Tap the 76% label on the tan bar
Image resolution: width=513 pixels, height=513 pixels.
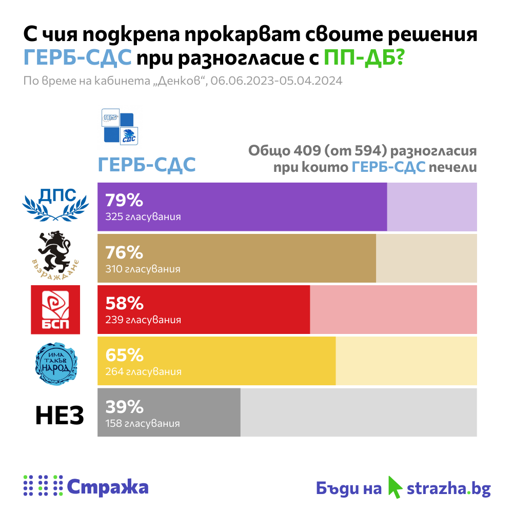point(124,252)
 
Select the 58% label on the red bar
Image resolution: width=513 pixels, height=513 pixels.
point(124,303)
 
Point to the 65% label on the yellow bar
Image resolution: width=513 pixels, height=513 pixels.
point(124,354)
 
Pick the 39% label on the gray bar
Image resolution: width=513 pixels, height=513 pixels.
point(124,407)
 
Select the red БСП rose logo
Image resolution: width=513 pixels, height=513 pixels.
point(55,310)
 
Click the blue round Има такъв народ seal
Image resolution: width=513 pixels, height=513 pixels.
point(56,361)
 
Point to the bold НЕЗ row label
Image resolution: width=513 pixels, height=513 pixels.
point(60,416)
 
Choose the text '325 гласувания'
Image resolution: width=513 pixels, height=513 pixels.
point(143,217)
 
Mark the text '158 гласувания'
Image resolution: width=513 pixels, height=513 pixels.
point(143,424)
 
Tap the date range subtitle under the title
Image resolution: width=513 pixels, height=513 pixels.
point(183,81)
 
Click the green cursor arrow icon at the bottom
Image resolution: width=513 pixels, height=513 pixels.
point(394,486)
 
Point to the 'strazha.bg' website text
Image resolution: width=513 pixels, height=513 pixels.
point(448,488)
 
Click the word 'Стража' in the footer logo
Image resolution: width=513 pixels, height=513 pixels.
point(108,487)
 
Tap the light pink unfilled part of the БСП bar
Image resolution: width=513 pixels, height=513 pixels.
point(393,310)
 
